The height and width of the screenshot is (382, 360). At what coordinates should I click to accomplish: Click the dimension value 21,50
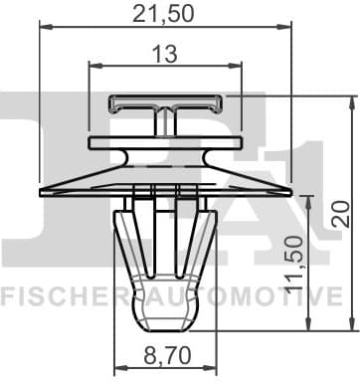(x=165, y=14)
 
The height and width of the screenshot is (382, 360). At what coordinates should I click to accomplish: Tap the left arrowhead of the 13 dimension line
(x=92, y=68)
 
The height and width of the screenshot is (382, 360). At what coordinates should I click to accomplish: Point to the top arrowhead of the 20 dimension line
(x=351, y=101)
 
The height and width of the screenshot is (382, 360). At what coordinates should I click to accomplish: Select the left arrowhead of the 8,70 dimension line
(x=119, y=367)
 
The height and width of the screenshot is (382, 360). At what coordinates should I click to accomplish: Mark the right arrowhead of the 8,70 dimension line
(x=211, y=367)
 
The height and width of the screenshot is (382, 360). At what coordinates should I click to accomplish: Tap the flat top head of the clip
(x=165, y=100)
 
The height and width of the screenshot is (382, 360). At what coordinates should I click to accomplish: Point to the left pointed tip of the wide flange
(x=41, y=190)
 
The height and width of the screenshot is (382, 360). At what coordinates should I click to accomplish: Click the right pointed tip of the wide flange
(x=290, y=190)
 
